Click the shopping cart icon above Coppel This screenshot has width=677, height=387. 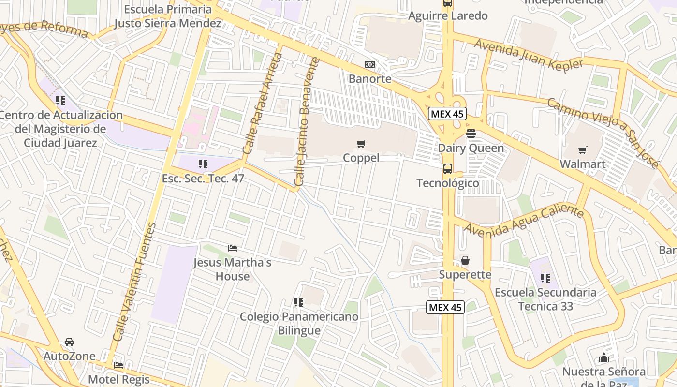click(361, 144)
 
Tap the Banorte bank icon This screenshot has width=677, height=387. click(370, 64)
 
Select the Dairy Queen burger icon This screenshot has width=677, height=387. click(471, 134)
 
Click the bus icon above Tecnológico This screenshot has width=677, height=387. click(448, 169)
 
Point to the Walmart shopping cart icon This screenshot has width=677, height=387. click(583, 150)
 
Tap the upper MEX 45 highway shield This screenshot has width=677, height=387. click(447, 114)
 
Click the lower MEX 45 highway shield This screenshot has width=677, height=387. click(445, 307)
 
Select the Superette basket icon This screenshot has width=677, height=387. click(465, 261)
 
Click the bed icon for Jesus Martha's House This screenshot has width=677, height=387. click(233, 248)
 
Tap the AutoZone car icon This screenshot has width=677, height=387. click(69, 342)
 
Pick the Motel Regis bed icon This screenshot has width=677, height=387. click(118, 365)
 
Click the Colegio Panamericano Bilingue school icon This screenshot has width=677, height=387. click(299, 302)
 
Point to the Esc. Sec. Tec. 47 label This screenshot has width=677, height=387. click(203, 179)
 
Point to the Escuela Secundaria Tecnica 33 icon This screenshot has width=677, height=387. click(545, 278)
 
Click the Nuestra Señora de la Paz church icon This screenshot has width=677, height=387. click(603, 358)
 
